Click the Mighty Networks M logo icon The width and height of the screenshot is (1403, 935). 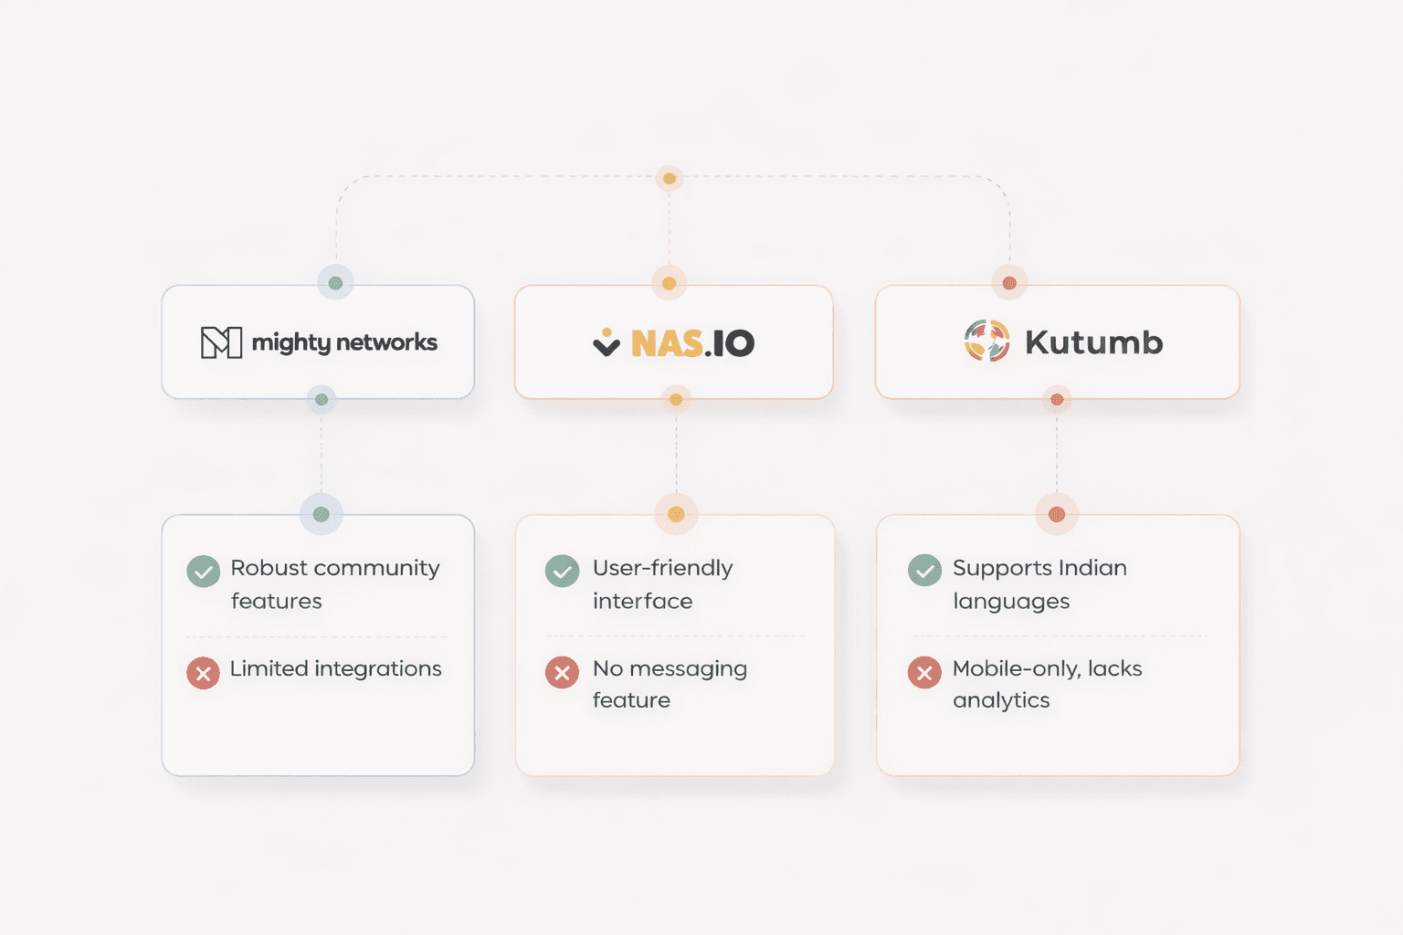[221, 342]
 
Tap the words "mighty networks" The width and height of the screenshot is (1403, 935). [344, 342]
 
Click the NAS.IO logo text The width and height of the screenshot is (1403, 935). [692, 343]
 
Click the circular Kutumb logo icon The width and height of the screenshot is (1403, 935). [987, 341]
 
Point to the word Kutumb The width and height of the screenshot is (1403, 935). [1093, 342]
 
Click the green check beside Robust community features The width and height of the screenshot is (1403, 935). [203, 572]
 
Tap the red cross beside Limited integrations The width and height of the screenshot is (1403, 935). [203, 673]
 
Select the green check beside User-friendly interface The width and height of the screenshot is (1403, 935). [562, 572]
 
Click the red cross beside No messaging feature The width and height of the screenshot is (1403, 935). [562, 673]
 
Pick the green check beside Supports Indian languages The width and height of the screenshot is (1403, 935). [924, 571]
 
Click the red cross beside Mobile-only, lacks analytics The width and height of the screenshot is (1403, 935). [924, 673]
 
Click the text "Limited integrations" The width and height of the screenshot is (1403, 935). [335, 668]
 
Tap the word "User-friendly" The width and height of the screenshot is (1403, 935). [662, 568]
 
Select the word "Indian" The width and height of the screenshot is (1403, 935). [1092, 568]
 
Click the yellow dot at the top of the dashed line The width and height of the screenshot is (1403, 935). [670, 178]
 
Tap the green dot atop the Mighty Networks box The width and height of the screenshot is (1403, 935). [335, 283]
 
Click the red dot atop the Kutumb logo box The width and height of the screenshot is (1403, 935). [1009, 283]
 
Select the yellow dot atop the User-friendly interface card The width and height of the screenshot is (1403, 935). [676, 514]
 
